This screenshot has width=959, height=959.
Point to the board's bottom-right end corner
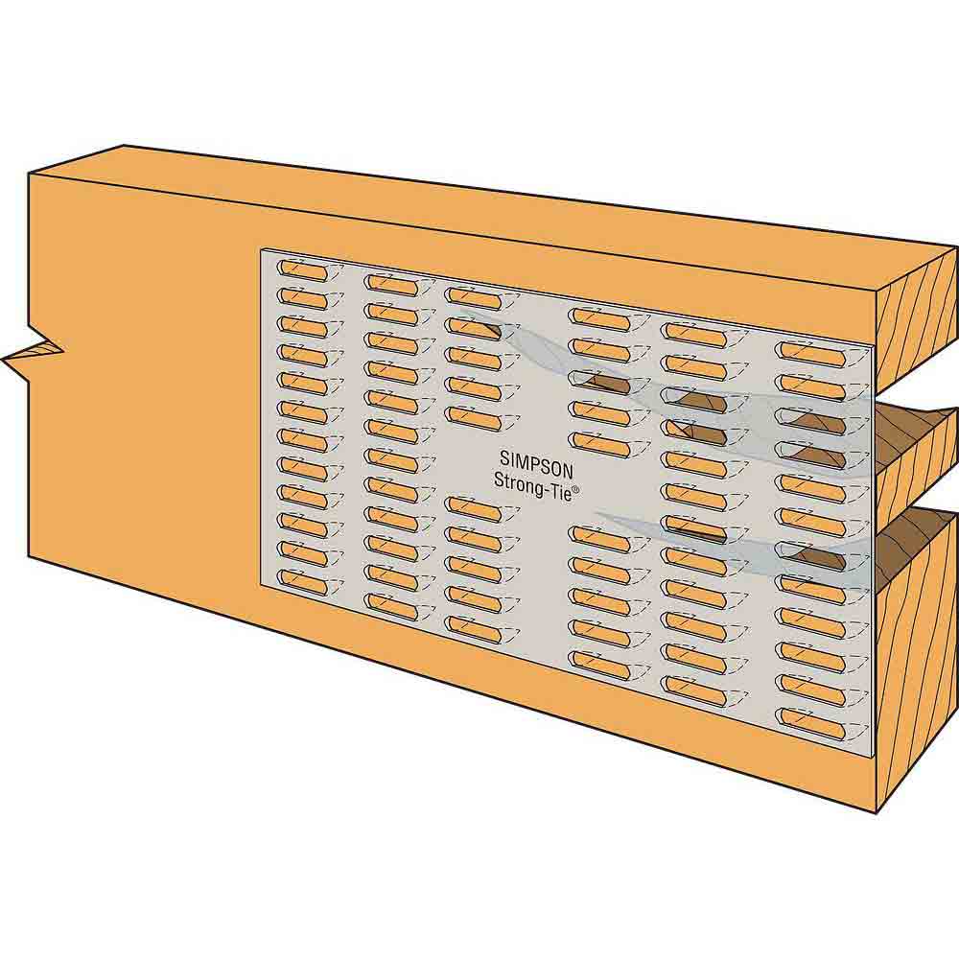point(877,811)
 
